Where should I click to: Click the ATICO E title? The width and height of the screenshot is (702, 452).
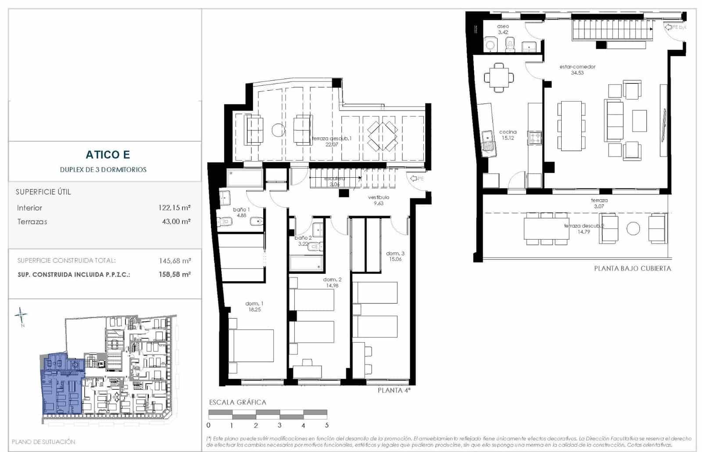(107, 154)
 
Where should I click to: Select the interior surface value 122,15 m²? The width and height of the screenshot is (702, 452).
(174, 208)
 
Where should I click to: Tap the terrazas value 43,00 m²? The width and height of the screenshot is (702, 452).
(176, 222)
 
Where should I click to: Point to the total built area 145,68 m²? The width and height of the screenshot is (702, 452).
(175, 261)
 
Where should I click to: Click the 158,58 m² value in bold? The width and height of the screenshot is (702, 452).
(175, 274)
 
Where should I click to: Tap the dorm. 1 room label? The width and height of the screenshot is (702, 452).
(254, 306)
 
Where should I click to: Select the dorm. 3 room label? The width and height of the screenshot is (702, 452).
(395, 256)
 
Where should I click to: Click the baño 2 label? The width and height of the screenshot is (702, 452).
(303, 240)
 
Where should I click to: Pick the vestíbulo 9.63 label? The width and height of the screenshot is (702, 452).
(378, 200)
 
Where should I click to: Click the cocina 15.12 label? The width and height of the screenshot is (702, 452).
(508, 135)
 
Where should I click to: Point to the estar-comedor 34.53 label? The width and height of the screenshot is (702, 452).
(577, 69)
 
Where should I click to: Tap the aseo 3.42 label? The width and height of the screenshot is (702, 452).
(503, 29)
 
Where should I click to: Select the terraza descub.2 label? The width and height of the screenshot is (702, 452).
(584, 229)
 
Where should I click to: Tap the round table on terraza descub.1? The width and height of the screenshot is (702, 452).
(279, 130)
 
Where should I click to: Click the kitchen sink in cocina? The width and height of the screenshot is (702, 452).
(487, 141)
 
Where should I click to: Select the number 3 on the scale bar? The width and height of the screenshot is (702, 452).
(279, 425)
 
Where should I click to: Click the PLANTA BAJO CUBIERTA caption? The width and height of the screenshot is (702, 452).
(632, 268)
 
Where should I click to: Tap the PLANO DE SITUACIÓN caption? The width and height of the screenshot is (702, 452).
(43, 441)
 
